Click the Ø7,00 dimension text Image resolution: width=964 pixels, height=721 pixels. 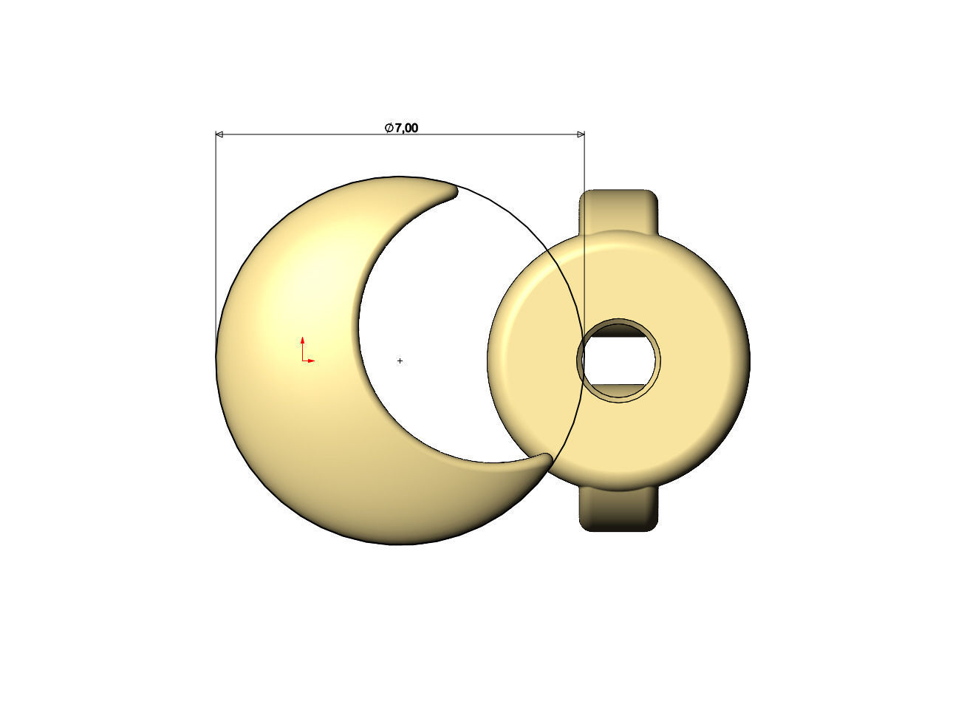tap(402, 128)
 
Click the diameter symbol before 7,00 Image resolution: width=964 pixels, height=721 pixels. tap(389, 128)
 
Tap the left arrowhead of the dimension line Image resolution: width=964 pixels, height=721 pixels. tap(219, 134)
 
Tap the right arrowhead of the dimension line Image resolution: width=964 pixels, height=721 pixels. tap(581, 134)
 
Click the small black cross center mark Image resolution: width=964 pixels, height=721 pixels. tap(400, 361)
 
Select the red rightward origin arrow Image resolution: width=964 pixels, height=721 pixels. tap(310, 360)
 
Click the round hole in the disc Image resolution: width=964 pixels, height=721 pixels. tap(619, 360)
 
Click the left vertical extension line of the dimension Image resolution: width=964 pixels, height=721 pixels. tap(216, 222)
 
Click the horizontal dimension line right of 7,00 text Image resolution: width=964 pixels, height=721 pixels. tap(502, 134)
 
